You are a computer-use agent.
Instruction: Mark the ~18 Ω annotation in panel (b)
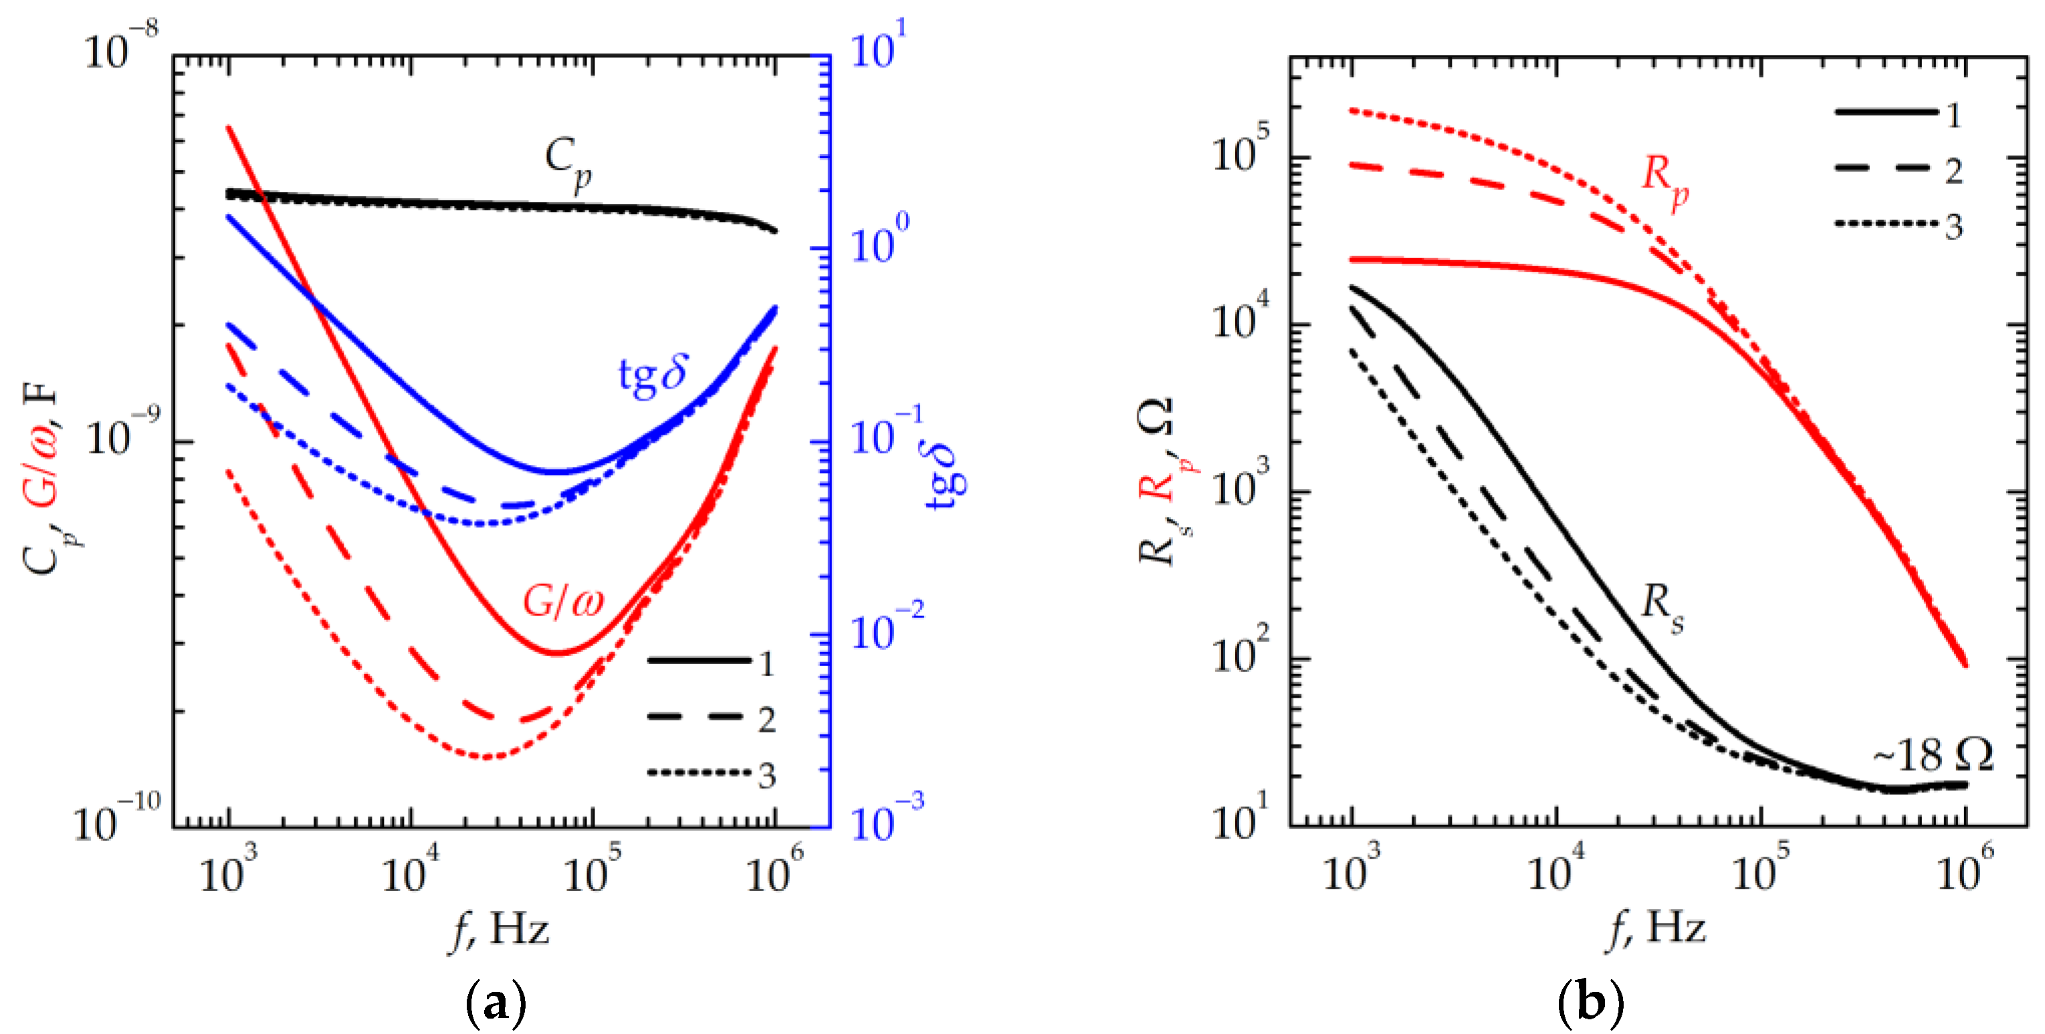tap(1934, 755)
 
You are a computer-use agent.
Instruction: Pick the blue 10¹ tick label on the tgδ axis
tap(878, 46)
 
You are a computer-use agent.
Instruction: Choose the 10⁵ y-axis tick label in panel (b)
tap(1240, 151)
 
